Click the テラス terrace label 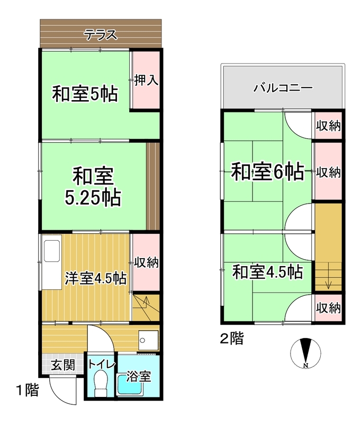pyautogui.click(x=101, y=34)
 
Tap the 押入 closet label pyautogui.click(x=146, y=80)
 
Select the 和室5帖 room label pyautogui.click(x=85, y=94)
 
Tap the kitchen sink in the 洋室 pyautogui.click(x=51, y=251)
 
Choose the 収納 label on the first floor pyautogui.click(x=146, y=262)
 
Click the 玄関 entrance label pyautogui.click(x=63, y=365)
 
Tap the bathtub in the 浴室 pyautogui.click(x=130, y=384)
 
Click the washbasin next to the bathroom pyautogui.click(x=148, y=340)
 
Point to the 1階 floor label pyautogui.click(x=28, y=390)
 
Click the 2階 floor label pyautogui.click(x=232, y=339)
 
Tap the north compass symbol pyautogui.click(x=305, y=353)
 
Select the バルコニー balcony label pyautogui.click(x=283, y=87)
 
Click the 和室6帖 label pyautogui.click(x=268, y=171)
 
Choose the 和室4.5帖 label pyautogui.click(x=268, y=272)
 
